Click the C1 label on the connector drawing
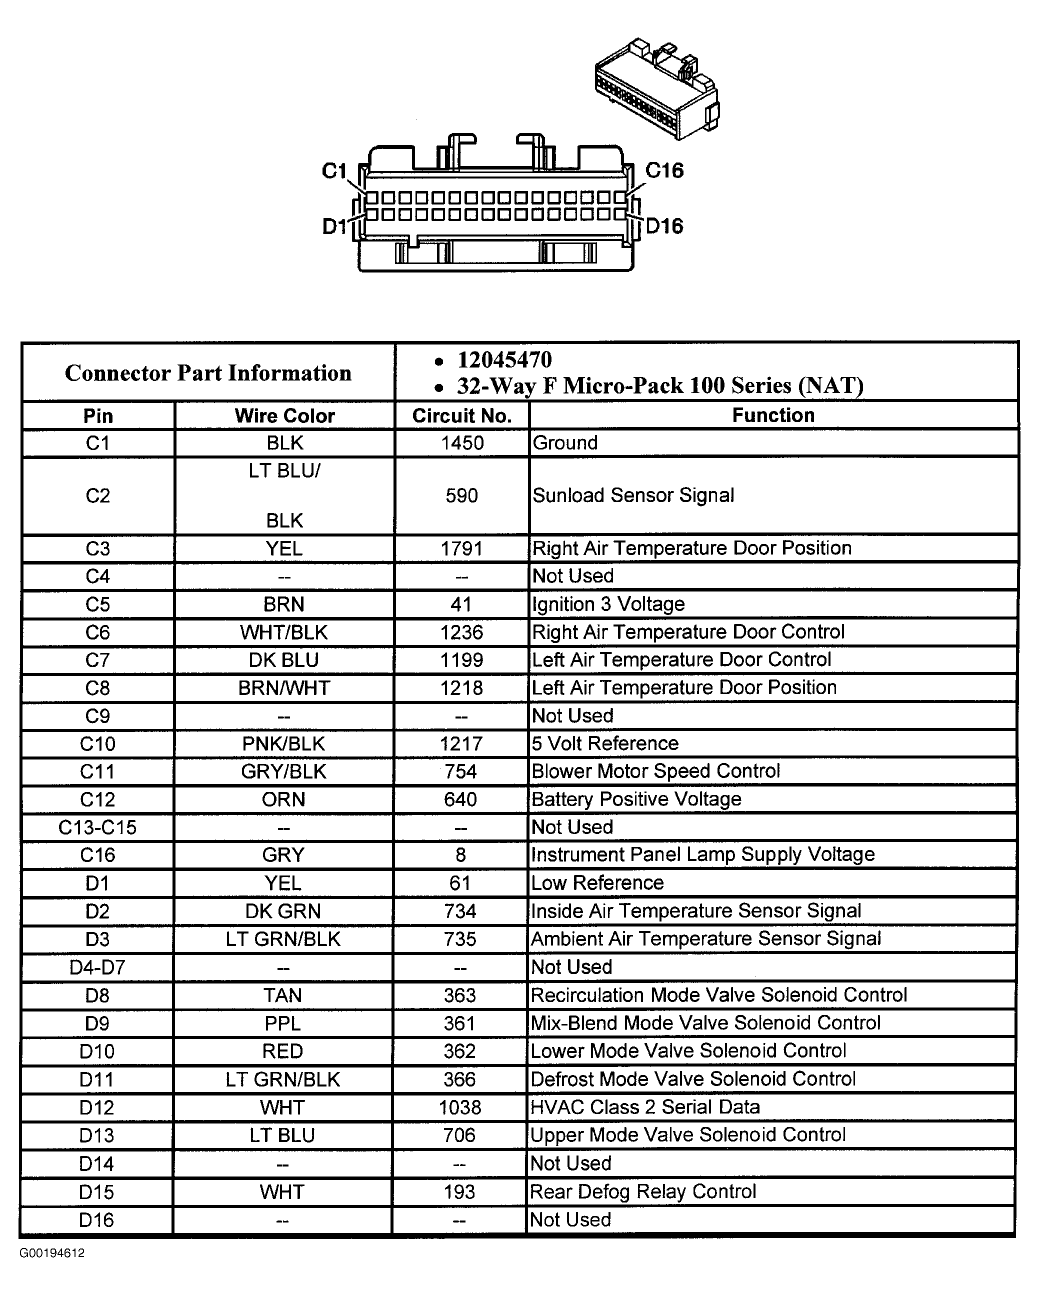coord(334,171)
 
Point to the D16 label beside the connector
coord(664,226)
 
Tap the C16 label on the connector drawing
coord(664,170)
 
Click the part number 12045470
coord(504,360)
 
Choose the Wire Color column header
coord(284,415)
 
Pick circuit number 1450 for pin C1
coord(462,443)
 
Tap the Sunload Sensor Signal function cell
coord(633,495)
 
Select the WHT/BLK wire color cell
coord(284,632)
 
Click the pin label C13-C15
coord(97,827)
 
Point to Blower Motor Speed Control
coord(655,771)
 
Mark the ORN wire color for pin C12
coord(283,799)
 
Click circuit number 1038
coord(460,1107)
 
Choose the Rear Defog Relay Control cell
coord(642,1191)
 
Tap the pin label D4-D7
coord(97,967)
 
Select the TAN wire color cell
coord(283,996)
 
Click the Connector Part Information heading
coord(208,373)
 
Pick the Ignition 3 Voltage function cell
coord(608,604)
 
